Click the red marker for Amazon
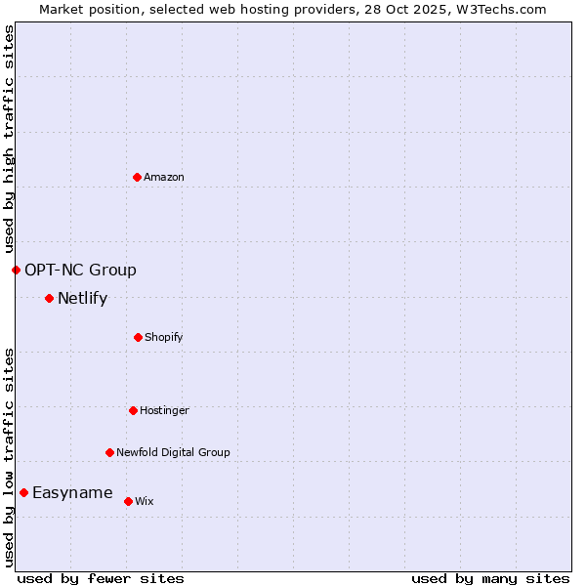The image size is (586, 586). [x=137, y=177]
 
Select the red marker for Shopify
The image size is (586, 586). [x=138, y=337]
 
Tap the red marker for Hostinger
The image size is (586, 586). [x=133, y=410]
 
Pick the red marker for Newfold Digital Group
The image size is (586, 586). [x=109, y=452]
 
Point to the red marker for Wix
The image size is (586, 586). [x=128, y=501]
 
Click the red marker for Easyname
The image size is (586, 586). [x=23, y=492]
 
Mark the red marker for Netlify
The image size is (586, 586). [x=49, y=298]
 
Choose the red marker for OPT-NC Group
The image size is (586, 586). [x=16, y=270]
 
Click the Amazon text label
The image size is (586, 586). [x=164, y=177]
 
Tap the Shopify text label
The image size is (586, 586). [x=164, y=337]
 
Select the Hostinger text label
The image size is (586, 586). [x=164, y=410]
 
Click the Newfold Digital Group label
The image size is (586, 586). [x=173, y=452]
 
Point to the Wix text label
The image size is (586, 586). [x=145, y=501]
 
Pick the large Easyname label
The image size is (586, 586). [x=72, y=492]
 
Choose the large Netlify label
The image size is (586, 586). [x=82, y=298]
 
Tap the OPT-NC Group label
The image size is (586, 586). [x=80, y=270]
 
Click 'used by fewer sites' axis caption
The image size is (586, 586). [x=101, y=578]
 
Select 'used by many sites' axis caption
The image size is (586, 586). [x=490, y=578]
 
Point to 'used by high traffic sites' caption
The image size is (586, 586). [x=9, y=139]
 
